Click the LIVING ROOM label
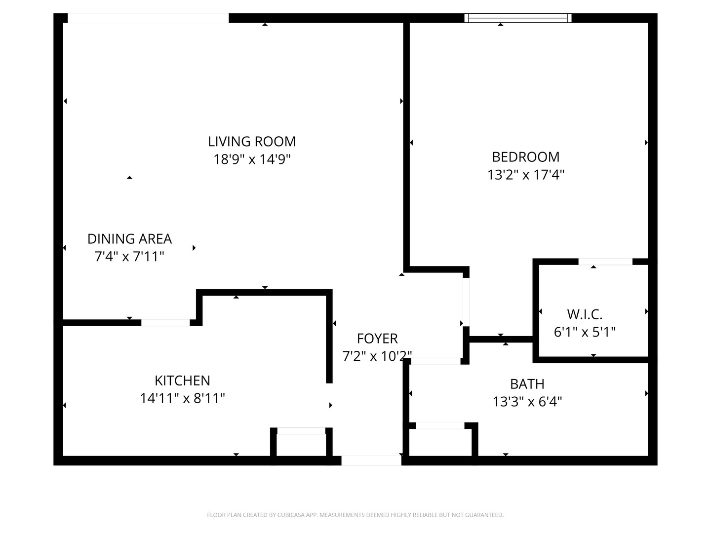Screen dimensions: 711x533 point(252,142)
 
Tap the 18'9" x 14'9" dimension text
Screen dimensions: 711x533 point(252,159)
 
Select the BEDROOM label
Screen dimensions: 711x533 point(526,157)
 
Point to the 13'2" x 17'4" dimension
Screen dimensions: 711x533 point(526,175)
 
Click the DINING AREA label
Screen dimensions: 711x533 point(129,239)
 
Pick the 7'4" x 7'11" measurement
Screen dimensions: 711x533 point(129,257)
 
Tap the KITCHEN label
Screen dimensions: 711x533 point(182,381)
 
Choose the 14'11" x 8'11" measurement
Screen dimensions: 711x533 point(182,398)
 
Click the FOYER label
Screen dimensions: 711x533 point(377,339)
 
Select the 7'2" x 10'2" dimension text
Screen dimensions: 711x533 point(377,356)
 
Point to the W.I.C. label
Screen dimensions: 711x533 point(585,314)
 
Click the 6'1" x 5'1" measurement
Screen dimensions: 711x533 point(585,332)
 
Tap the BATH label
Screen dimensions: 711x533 point(527,384)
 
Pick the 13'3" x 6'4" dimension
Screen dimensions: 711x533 point(527,402)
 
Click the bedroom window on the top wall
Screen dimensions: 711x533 point(517,18)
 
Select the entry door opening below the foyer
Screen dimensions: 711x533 point(371,460)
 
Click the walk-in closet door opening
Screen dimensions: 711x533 point(605,262)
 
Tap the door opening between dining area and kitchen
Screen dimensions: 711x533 point(165,323)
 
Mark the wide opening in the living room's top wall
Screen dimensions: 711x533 point(148,18)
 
